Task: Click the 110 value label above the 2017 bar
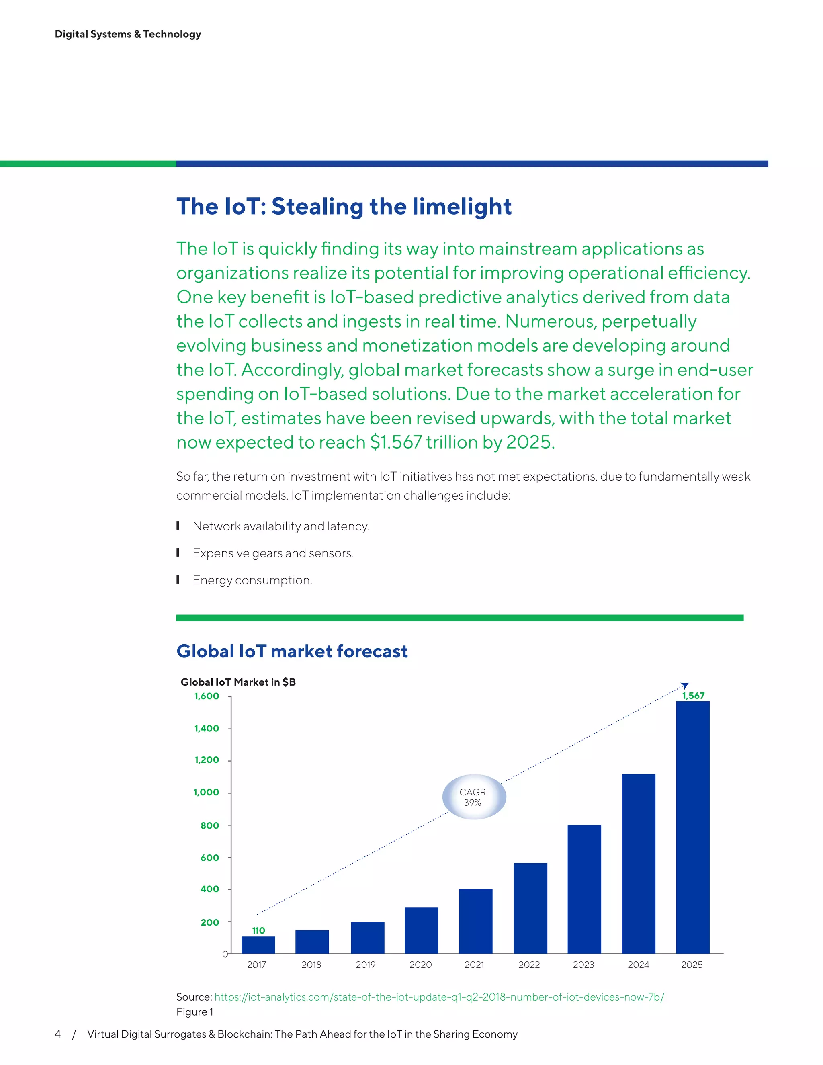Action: point(258,930)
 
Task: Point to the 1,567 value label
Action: point(693,696)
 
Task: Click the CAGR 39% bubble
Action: point(473,797)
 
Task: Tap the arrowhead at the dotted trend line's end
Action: point(685,686)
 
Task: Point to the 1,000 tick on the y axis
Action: point(206,793)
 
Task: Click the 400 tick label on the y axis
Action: point(210,889)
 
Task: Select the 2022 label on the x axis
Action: point(529,965)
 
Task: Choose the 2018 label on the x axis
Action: point(311,965)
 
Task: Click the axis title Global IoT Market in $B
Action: point(238,682)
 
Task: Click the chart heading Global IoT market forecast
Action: point(292,651)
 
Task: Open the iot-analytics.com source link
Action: point(439,997)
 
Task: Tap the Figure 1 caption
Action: point(194,1012)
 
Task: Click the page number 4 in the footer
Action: point(57,1034)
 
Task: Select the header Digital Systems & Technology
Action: point(128,34)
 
